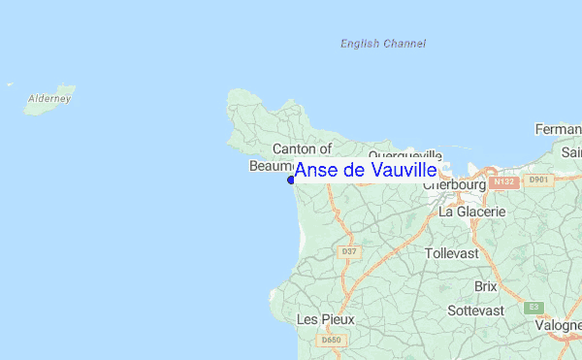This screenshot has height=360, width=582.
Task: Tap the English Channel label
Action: click(x=382, y=44)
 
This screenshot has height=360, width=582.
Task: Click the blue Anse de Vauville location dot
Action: click(x=291, y=180)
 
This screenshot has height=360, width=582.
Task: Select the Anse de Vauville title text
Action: click(x=365, y=171)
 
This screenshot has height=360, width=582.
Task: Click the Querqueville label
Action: click(x=405, y=155)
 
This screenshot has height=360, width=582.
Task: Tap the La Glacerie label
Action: click(x=472, y=211)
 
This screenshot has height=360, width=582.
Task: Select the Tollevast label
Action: click(x=453, y=253)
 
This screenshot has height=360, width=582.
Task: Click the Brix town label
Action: click(x=486, y=286)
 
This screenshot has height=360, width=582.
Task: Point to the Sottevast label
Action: click(x=475, y=311)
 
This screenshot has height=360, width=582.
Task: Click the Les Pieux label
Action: click(x=325, y=318)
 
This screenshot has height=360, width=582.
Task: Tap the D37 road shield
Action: click(x=349, y=252)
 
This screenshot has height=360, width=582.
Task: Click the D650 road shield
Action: click(x=331, y=341)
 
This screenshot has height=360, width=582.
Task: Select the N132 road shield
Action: click(x=502, y=181)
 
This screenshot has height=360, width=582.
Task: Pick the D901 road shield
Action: click(x=538, y=180)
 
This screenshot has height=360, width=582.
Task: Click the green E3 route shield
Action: click(x=533, y=308)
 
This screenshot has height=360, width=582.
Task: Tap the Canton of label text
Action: click(x=302, y=148)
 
